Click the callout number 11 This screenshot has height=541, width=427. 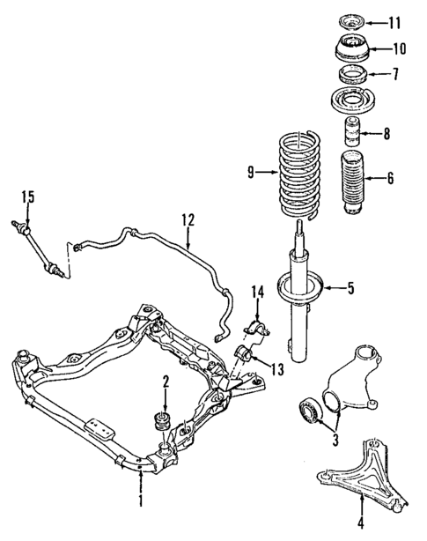pyautogui.click(x=394, y=20)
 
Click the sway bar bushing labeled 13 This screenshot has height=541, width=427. pyautogui.click(x=247, y=355)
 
